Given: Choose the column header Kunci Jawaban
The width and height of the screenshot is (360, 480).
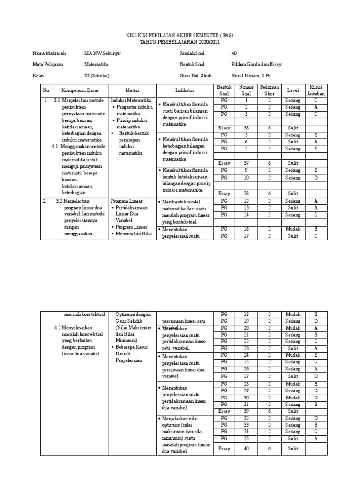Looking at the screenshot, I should pos(315,90).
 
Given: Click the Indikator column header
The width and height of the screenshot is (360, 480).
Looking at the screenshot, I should pos(184,90).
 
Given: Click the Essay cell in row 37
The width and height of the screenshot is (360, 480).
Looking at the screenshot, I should pos(225,163).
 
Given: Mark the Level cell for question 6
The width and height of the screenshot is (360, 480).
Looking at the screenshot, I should pos(293,142).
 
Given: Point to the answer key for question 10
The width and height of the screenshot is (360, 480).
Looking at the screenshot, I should pos(315,178).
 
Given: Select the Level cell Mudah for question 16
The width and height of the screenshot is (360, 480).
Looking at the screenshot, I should pos(293,229).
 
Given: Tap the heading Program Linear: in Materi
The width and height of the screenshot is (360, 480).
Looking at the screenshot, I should pos(127,201).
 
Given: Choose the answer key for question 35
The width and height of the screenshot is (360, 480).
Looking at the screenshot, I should pos(315,439).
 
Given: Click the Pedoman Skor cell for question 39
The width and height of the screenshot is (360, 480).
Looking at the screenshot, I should pos(270,411).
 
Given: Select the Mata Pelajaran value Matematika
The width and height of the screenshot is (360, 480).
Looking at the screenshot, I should pos(96,65).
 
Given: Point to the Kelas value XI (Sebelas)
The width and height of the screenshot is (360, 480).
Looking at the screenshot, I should pos(96,75).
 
